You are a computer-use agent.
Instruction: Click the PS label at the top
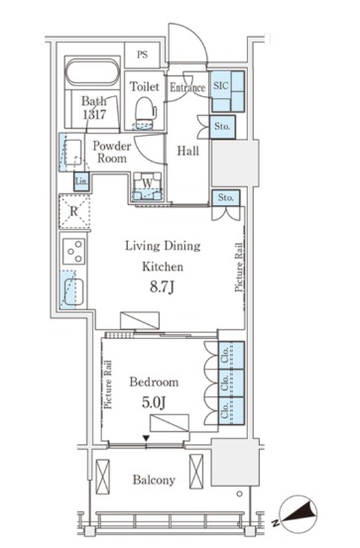142,55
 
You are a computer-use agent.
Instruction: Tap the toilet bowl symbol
146,113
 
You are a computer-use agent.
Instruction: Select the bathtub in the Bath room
92,72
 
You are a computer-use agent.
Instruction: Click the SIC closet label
221,85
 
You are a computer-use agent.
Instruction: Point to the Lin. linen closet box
81,181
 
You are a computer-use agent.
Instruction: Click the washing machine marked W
148,186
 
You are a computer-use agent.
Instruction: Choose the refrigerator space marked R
74,211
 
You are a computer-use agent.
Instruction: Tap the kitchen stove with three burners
74,251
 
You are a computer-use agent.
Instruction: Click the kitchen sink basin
73,291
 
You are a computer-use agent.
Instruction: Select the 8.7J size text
162,287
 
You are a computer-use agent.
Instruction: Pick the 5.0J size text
154,402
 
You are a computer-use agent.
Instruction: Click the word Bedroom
154,382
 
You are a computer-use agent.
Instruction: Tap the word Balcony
154,480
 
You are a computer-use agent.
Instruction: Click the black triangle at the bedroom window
147,438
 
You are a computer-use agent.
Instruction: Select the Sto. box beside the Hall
222,127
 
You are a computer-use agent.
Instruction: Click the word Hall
188,151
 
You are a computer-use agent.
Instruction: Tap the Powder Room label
112,152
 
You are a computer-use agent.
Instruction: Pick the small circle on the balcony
239,493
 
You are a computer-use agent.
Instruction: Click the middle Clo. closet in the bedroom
231,384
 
